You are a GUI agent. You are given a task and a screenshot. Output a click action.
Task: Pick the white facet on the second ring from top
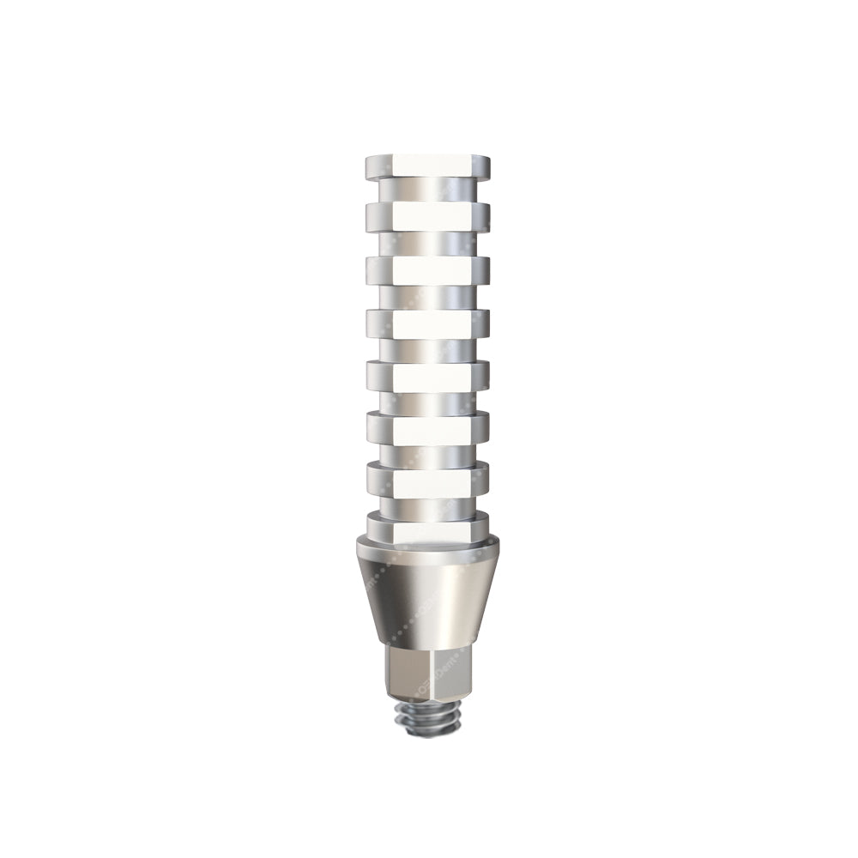[x=432, y=214]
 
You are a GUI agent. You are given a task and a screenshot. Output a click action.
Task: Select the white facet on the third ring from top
[x=432, y=269]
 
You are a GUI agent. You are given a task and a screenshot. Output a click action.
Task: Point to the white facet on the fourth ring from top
[x=432, y=323]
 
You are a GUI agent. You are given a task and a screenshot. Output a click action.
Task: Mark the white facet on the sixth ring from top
[x=432, y=428]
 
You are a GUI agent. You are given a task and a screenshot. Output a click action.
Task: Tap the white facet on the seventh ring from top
[x=432, y=480]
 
